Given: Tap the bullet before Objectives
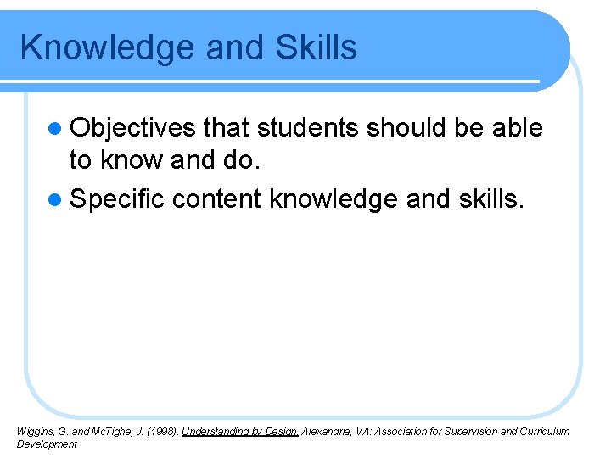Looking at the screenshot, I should [x=56, y=129].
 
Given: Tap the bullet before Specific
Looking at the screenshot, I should [x=56, y=199].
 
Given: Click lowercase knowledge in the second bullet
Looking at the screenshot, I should [x=334, y=199].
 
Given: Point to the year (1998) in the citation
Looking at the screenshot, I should [x=163, y=432].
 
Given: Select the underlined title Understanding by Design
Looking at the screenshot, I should [x=239, y=432].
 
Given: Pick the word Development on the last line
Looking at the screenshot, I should [x=47, y=444].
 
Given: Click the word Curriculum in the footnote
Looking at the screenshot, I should [x=542, y=432].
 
